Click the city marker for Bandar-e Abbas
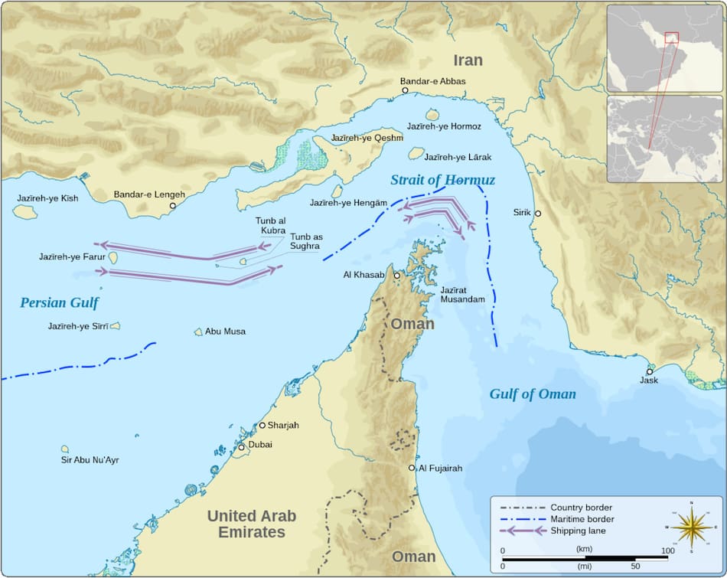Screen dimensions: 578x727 405,90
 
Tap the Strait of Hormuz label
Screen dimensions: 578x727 442,180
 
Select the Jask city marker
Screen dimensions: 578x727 650,371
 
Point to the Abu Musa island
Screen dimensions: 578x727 198,332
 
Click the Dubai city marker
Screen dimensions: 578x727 242,447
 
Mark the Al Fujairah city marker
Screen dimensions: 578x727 412,468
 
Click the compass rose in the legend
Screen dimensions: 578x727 691,527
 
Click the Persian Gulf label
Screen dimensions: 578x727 59,302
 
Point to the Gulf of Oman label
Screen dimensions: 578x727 533,394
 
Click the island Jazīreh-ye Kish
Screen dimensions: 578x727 24,211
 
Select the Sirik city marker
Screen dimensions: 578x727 538,214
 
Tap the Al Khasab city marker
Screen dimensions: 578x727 396,275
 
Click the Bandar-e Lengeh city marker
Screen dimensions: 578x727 173,205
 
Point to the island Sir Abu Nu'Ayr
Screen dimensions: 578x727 65,449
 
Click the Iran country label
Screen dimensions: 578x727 468,60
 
